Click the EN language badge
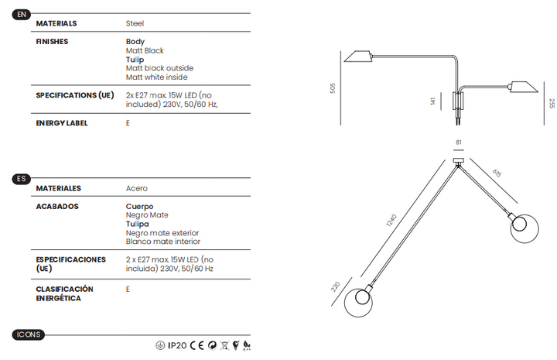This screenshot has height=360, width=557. pyautogui.click(x=22, y=15)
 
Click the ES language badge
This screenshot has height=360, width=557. pyautogui.click(x=22, y=179)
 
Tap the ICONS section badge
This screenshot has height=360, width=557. pyautogui.click(x=29, y=334)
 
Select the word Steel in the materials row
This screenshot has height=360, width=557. pyautogui.click(x=135, y=23)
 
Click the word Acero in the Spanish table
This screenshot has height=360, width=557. pyautogui.click(x=136, y=188)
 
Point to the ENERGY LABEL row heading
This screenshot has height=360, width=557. pyautogui.click(x=62, y=123)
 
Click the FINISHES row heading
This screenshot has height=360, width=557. pyautogui.click(x=52, y=42)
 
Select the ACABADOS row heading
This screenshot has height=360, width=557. pyautogui.click(x=57, y=207)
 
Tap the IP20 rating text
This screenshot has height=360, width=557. pyautogui.click(x=177, y=345)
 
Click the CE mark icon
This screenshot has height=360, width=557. pyautogui.click(x=196, y=345)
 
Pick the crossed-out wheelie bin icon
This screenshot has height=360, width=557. pyautogui.click(x=224, y=345)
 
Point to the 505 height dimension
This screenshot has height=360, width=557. pyautogui.click(x=333, y=88)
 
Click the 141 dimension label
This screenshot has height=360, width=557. pyautogui.click(x=432, y=101)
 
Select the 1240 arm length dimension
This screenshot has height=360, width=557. pyautogui.click(x=391, y=221)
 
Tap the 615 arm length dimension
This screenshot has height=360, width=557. pyautogui.click(x=497, y=173)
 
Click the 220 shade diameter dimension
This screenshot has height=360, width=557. pyautogui.click(x=335, y=286)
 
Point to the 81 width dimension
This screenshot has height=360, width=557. pyautogui.click(x=459, y=142)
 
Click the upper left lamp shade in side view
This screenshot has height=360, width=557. pyautogui.click(x=358, y=57)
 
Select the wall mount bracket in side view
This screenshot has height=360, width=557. pyautogui.click(x=457, y=101)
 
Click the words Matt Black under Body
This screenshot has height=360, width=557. pyautogui.click(x=145, y=51)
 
